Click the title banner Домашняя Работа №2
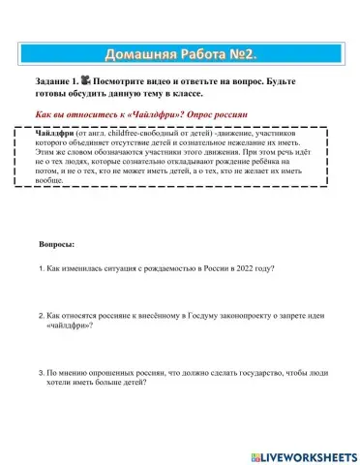pyautogui.click(x=179, y=50)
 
